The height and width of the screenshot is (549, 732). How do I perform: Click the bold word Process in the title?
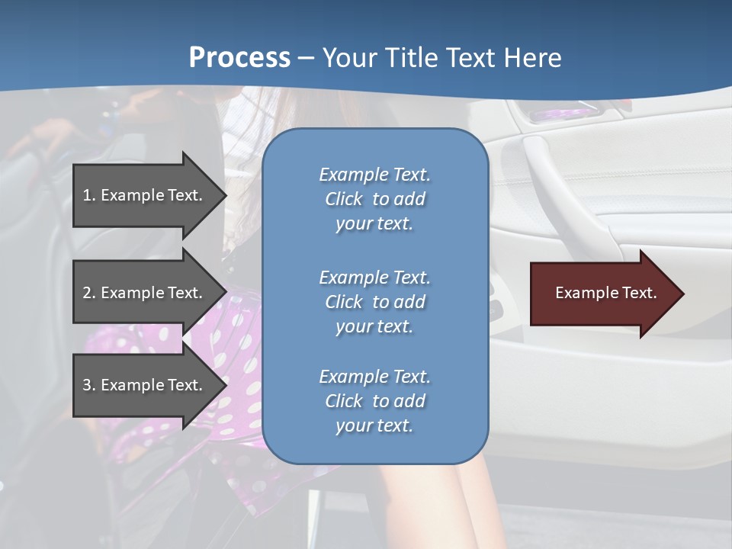click(x=239, y=58)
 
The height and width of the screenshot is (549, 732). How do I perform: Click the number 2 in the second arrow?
click(x=88, y=293)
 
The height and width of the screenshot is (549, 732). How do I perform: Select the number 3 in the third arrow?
click(x=88, y=385)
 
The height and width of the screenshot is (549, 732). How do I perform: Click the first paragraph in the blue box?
click(x=374, y=199)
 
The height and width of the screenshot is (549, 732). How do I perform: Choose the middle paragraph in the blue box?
click(x=374, y=302)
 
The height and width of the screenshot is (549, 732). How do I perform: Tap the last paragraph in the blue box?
click(x=374, y=401)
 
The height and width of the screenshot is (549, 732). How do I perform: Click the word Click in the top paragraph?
click(x=344, y=199)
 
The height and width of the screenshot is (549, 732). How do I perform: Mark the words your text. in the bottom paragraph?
click(x=374, y=425)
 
